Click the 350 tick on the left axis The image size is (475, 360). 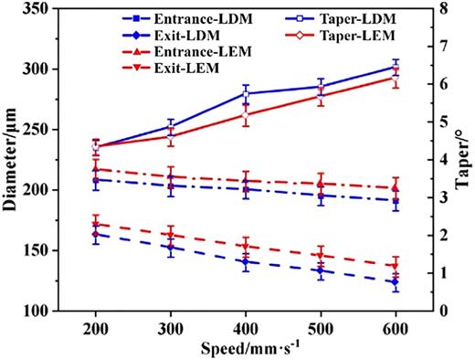click(x=37, y=9)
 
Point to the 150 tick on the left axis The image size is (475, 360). click(x=37, y=250)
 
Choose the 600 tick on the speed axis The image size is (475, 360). click(x=395, y=327)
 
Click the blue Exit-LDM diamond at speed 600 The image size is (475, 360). click(x=395, y=282)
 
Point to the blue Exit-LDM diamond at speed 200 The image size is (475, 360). click(x=95, y=235)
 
